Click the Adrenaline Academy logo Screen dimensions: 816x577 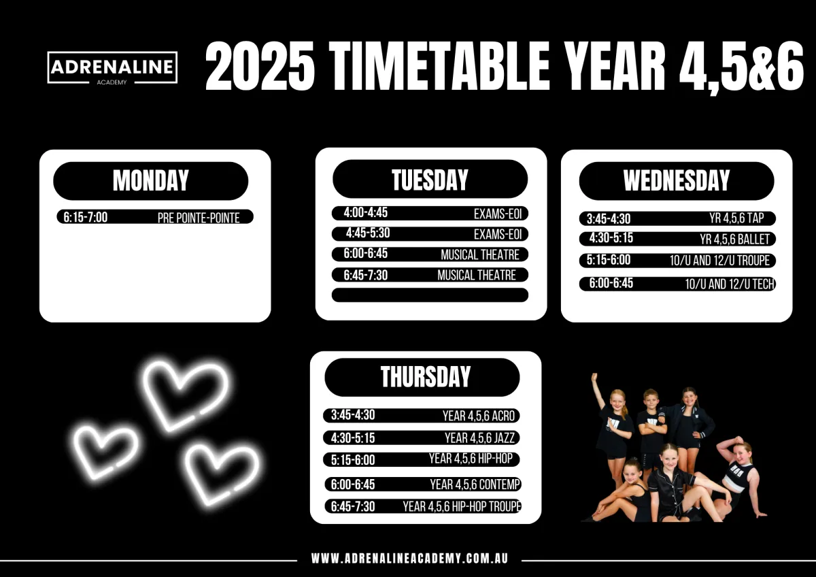click(112, 68)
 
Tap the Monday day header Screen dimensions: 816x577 click(150, 181)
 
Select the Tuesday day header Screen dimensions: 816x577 click(430, 179)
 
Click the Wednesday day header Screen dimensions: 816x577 click(677, 181)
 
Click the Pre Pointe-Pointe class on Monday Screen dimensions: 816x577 click(199, 218)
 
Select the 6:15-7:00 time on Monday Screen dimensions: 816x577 click(86, 217)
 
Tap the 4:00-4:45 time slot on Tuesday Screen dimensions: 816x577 click(366, 212)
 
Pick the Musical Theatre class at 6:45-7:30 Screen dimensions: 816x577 click(477, 275)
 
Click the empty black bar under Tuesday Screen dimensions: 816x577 click(430, 295)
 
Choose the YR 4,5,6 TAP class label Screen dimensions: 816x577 click(736, 218)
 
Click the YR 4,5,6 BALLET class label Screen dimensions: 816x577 click(734, 239)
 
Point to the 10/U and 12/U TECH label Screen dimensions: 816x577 click(730, 284)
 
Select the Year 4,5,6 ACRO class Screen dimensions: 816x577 click(479, 416)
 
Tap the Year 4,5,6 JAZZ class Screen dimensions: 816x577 click(480, 438)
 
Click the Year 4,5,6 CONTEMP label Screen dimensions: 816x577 click(475, 484)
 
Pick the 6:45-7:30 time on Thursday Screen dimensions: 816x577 click(353, 507)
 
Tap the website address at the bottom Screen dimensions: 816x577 click(409, 559)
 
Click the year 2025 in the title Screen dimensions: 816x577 click(260, 65)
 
